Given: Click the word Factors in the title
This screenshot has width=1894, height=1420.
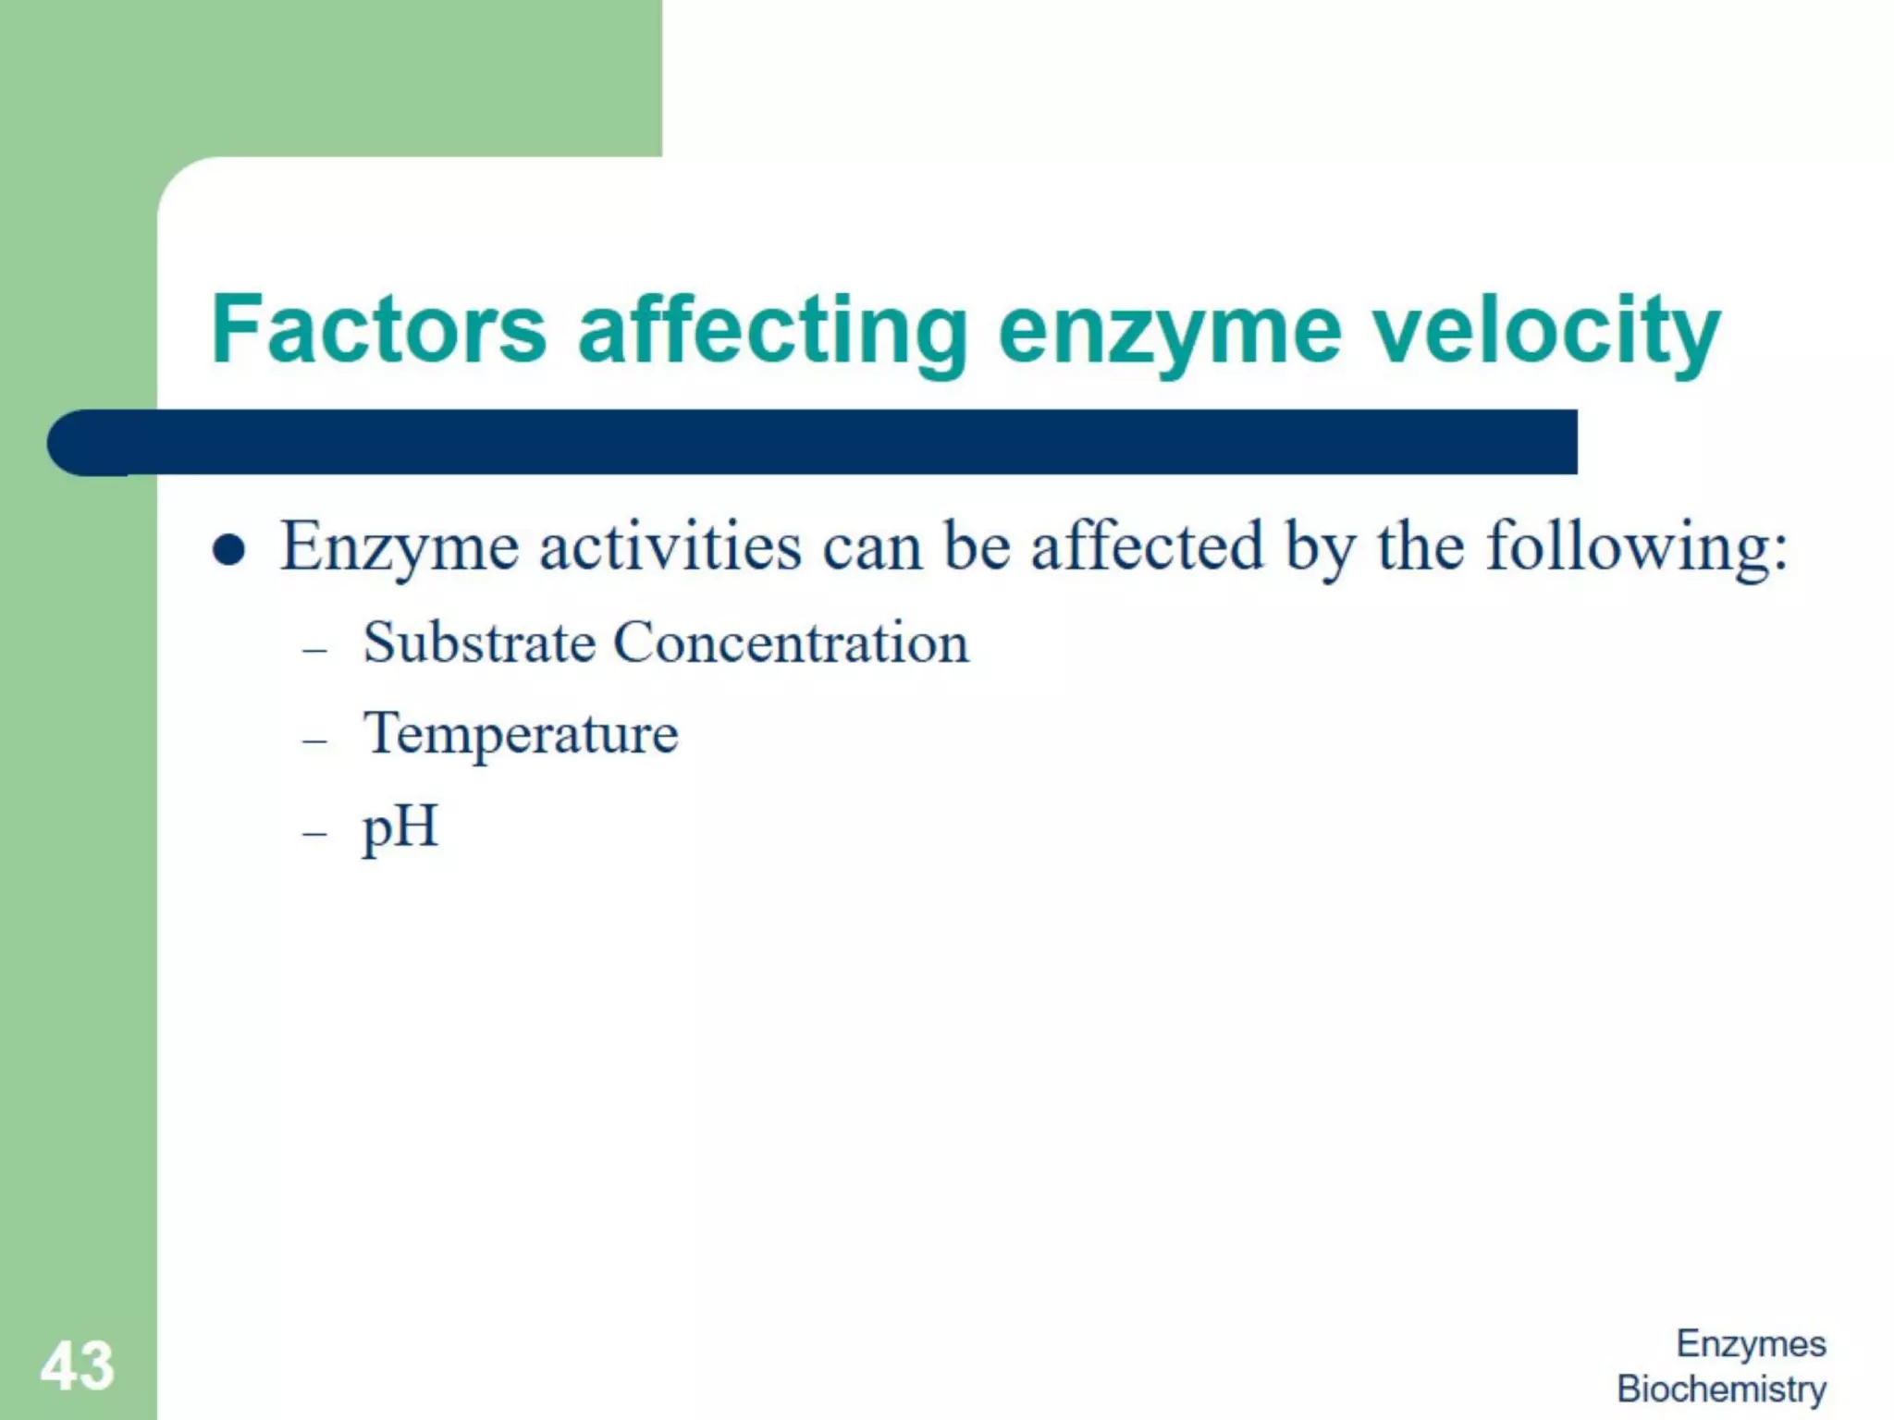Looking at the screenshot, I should pos(379,329).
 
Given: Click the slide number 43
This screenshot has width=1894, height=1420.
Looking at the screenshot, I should pos(77,1365).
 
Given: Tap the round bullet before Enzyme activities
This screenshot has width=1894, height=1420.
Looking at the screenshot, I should pos(228,550).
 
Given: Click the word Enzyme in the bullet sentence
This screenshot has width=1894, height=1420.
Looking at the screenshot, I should pos(400,547).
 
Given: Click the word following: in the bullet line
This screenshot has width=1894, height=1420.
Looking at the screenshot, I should pos(1637,547).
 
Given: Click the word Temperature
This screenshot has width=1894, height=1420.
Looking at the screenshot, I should pos(521,735).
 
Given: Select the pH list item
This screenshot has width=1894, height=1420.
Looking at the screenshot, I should pos(400,827).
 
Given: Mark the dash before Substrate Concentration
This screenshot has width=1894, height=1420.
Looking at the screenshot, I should pos(314,650).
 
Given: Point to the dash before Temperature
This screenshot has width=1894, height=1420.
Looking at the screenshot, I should pos(314,741).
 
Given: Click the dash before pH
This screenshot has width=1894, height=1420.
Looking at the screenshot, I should pos(314,833).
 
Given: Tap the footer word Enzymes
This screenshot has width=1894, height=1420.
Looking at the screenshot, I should pos(1751,1343).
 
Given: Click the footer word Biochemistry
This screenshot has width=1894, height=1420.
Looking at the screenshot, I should pos(1721,1389).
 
